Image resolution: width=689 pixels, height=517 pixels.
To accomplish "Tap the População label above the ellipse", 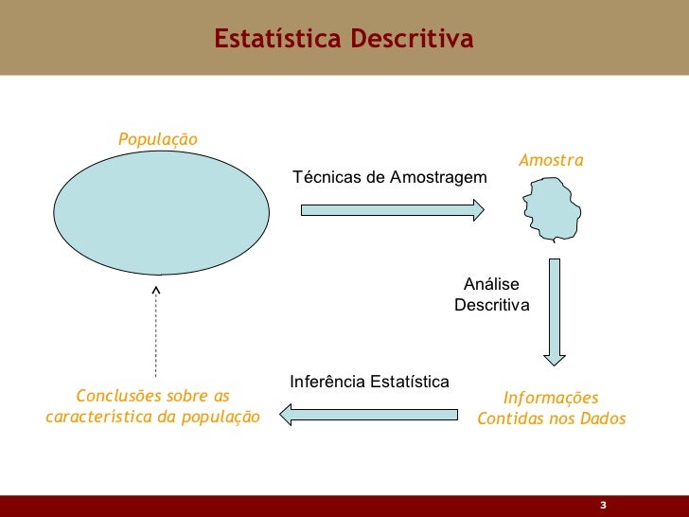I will (x=158, y=139).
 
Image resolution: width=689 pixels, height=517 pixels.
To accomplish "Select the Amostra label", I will (x=551, y=161).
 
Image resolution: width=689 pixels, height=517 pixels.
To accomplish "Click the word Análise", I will (x=491, y=285).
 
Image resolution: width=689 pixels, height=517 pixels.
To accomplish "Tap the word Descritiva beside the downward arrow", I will (x=491, y=306).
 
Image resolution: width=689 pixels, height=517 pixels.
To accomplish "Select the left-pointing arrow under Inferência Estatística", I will (x=369, y=412).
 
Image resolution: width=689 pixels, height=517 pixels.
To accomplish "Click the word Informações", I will (x=551, y=398).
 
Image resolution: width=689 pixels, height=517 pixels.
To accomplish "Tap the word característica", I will (x=96, y=416).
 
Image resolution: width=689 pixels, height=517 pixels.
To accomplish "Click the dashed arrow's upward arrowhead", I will (x=156, y=289).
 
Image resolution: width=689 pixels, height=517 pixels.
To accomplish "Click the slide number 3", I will (x=602, y=504).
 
